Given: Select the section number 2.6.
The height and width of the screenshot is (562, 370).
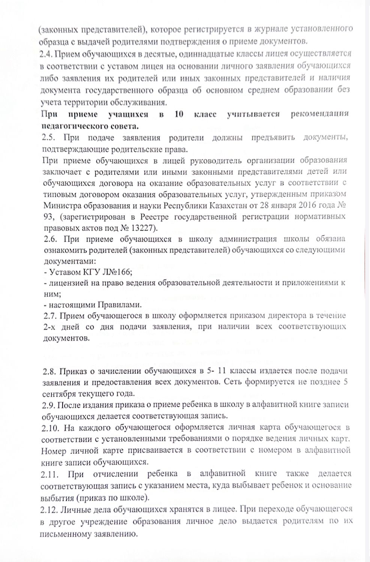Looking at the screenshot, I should click(49, 239).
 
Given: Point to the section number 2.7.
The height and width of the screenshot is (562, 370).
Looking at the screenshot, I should click(48, 316).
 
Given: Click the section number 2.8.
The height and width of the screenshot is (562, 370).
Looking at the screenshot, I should click(48, 371).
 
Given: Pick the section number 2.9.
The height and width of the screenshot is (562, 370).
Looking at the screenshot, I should click(48, 405).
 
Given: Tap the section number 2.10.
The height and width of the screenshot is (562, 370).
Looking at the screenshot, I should click(50, 427).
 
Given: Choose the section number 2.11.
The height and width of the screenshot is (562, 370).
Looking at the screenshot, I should click(50, 474).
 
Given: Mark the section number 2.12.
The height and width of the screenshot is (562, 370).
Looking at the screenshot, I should click(50, 509).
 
